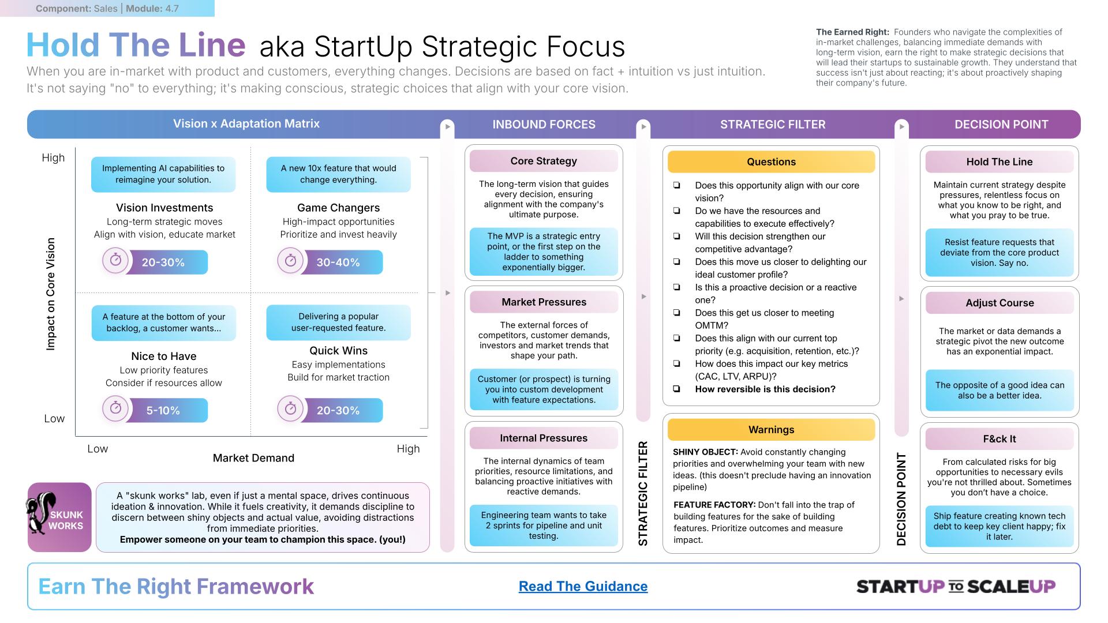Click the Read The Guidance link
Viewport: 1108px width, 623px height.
click(583, 586)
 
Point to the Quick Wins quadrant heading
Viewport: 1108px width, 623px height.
click(338, 350)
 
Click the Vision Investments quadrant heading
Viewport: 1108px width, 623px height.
click(164, 208)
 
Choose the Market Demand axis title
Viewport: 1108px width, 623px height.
click(253, 458)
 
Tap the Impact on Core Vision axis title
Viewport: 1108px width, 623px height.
click(51, 294)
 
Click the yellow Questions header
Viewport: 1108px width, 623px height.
click(771, 162)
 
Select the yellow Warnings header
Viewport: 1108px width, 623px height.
click(771, 429)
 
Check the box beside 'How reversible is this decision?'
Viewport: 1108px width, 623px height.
click(676, 389)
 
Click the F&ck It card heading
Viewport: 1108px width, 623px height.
click(1000, 438)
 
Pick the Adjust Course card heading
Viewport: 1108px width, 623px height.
click(1000, 303)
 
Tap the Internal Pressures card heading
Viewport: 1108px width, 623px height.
click(544, 438)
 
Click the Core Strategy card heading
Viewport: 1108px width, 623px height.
click(544, 161)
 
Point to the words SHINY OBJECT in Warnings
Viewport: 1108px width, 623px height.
click(705, 452)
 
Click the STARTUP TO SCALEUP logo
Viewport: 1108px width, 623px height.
click(956, 587)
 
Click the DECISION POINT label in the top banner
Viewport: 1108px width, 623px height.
click(1001, 124)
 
